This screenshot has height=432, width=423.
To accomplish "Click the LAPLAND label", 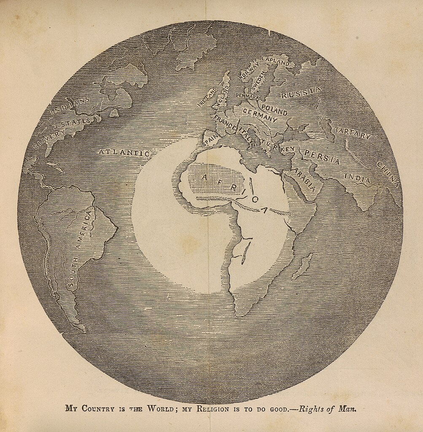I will pyautogui.click(x=275, y=62).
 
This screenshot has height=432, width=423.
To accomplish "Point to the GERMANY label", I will pyautogui.click(x=260, y=116).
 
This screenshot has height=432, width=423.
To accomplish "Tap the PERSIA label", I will pyautogui.click(x=322, y=157).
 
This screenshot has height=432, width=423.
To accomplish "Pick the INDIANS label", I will pyautogui.click(x=70, y=105).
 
